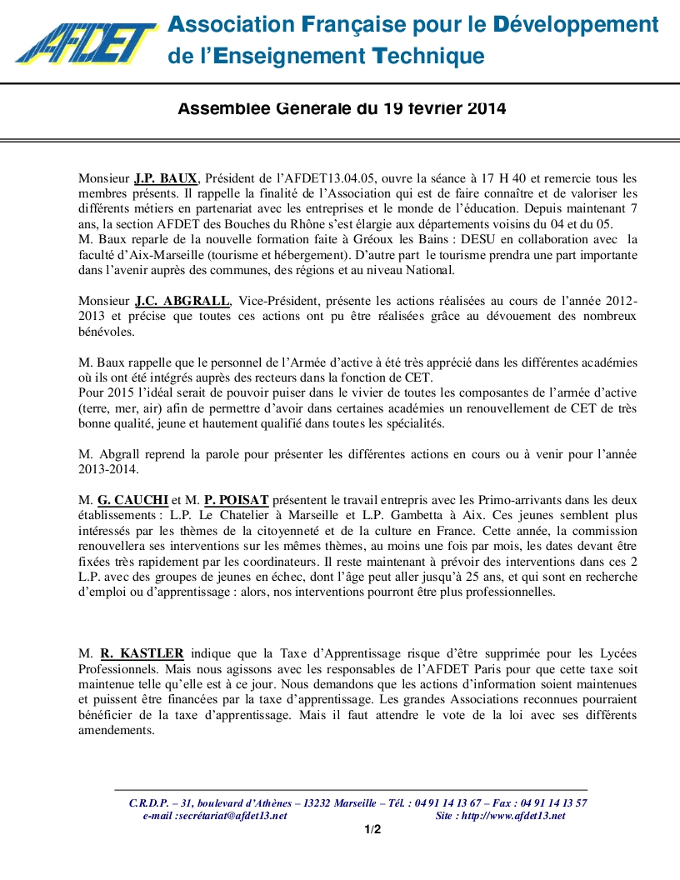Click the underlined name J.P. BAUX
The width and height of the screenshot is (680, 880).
(x=166, y=178)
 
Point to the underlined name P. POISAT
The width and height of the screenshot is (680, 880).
(x=236, y=500)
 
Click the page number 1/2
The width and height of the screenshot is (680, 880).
(x=372, y=829)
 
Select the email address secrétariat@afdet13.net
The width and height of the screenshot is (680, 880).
(x=232, y=816)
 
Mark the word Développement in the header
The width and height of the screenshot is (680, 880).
(x=576, y=25)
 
